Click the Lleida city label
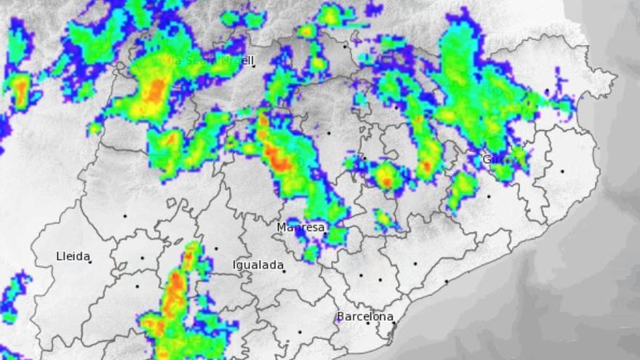73,256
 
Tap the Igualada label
258,265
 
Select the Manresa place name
300,228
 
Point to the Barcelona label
364,316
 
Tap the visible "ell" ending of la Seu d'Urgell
244,60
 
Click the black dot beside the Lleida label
90,261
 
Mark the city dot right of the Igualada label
284,271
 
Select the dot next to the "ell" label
253,66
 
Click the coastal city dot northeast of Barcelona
446,281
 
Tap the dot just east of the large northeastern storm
547,91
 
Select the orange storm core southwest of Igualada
175,291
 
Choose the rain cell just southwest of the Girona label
461,188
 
